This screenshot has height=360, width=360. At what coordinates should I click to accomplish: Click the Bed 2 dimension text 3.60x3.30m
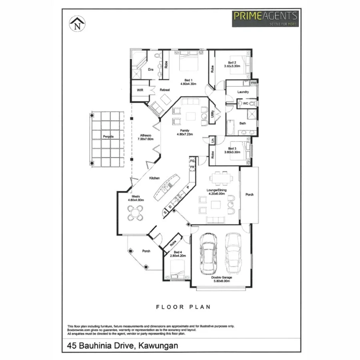coord(232,66)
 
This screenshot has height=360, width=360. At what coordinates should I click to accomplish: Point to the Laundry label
coord(243,92)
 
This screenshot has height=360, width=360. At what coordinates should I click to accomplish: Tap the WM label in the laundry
coord(253,83)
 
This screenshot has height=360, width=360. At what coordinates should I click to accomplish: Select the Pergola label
coord(108,137)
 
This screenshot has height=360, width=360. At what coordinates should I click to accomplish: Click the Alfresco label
coord(145,135)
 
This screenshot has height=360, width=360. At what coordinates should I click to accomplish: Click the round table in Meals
coord(135,212)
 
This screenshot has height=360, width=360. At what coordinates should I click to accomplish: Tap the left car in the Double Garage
coord(208,252)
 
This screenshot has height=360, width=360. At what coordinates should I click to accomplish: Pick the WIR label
coord(140,90)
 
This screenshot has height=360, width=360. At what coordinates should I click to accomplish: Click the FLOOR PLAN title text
coord(184,307)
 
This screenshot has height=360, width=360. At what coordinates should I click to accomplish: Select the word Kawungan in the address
coord(158,345)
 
